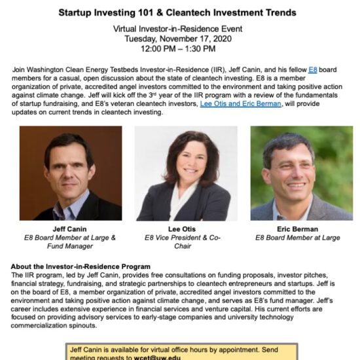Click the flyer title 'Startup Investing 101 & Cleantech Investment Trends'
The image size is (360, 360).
177,12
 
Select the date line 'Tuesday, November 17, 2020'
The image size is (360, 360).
178,39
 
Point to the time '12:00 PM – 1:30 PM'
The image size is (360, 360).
178,48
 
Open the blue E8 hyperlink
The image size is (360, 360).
313,69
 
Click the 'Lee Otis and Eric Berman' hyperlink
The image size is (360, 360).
241,104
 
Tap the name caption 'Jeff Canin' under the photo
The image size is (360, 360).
69,229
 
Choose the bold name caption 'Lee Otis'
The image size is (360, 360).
182,229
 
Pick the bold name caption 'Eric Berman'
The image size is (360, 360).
298,229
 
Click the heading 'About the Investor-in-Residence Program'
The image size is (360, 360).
81,266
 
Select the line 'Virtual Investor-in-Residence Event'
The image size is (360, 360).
177,29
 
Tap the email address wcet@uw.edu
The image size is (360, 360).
157,357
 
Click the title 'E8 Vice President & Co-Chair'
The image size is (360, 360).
183,242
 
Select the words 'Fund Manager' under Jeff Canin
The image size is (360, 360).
70,246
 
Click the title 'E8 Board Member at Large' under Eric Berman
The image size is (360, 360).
298,238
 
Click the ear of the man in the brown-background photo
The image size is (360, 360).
92,171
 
